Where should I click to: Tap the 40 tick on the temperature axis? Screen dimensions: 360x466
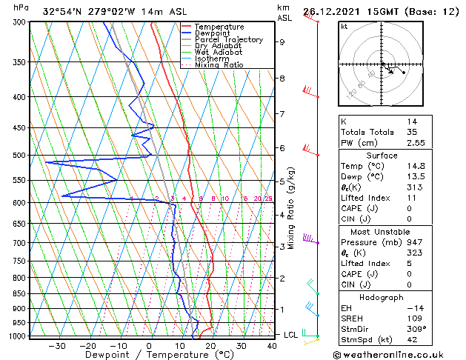(x=273, y=345)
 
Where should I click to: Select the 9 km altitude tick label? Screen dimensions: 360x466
(x=282, y=42)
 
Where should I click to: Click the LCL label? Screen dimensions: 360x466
(x=291, y=335)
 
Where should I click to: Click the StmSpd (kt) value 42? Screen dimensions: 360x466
(x=411, y=341)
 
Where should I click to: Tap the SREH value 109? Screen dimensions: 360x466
(x=413, y=319)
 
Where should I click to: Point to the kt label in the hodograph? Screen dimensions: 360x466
(x=344, y=26)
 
